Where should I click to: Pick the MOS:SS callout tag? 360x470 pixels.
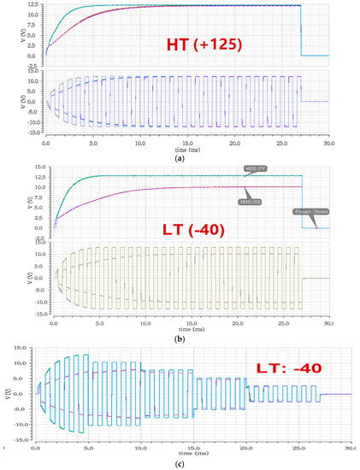(x=250, y=202)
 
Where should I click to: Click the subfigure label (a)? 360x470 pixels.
(x=180, y=160)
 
